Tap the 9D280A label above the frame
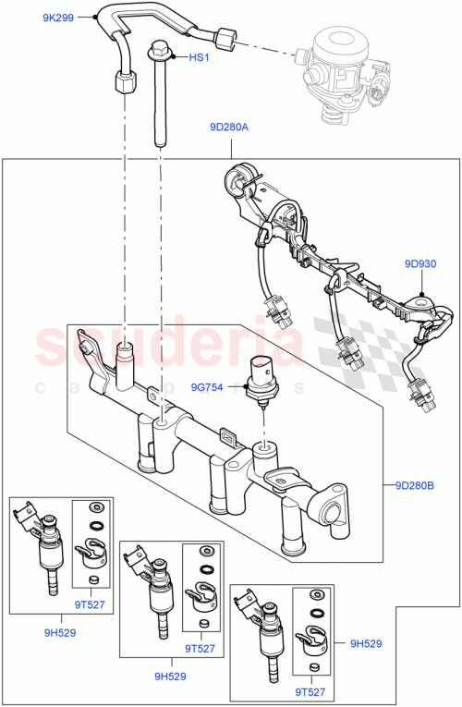(x=228, y=128)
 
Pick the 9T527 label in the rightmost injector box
(x=310, y=691)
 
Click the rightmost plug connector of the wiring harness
(x=418, y=392)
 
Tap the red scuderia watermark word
(x=171, y=347)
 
